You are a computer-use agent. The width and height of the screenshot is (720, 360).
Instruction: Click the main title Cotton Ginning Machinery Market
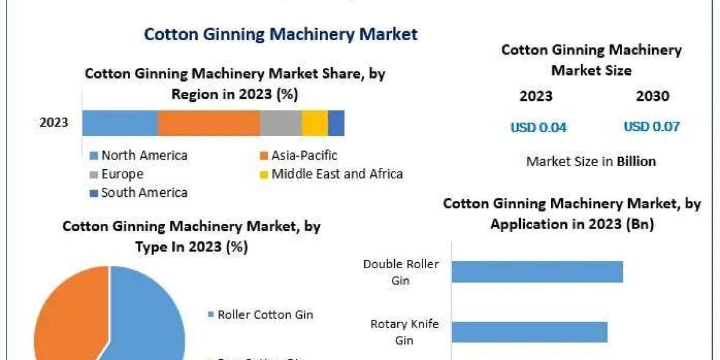point(280,34)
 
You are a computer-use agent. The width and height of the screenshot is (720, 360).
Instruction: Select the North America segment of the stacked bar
point(120,123)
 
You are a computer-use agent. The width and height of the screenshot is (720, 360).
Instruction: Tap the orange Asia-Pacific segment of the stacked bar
point(209,123)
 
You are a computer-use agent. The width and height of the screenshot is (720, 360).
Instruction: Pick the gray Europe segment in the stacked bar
point(281,123)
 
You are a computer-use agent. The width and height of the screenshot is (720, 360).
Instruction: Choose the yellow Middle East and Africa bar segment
point(314,123)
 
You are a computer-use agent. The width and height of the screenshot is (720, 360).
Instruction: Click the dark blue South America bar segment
point(336,123)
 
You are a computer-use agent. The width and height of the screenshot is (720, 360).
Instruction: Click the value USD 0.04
point(538,127)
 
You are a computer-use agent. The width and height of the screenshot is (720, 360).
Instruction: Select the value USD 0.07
point(652,127)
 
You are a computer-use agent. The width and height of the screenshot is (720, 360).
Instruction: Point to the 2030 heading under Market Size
point(652,96)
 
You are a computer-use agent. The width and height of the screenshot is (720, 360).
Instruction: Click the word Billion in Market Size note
point(636,161)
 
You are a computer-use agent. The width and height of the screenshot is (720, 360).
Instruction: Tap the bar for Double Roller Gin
point(537,272)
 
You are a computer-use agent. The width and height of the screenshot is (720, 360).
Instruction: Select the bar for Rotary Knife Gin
point(529,332)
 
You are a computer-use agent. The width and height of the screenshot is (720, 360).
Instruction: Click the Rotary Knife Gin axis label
point(404,332)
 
